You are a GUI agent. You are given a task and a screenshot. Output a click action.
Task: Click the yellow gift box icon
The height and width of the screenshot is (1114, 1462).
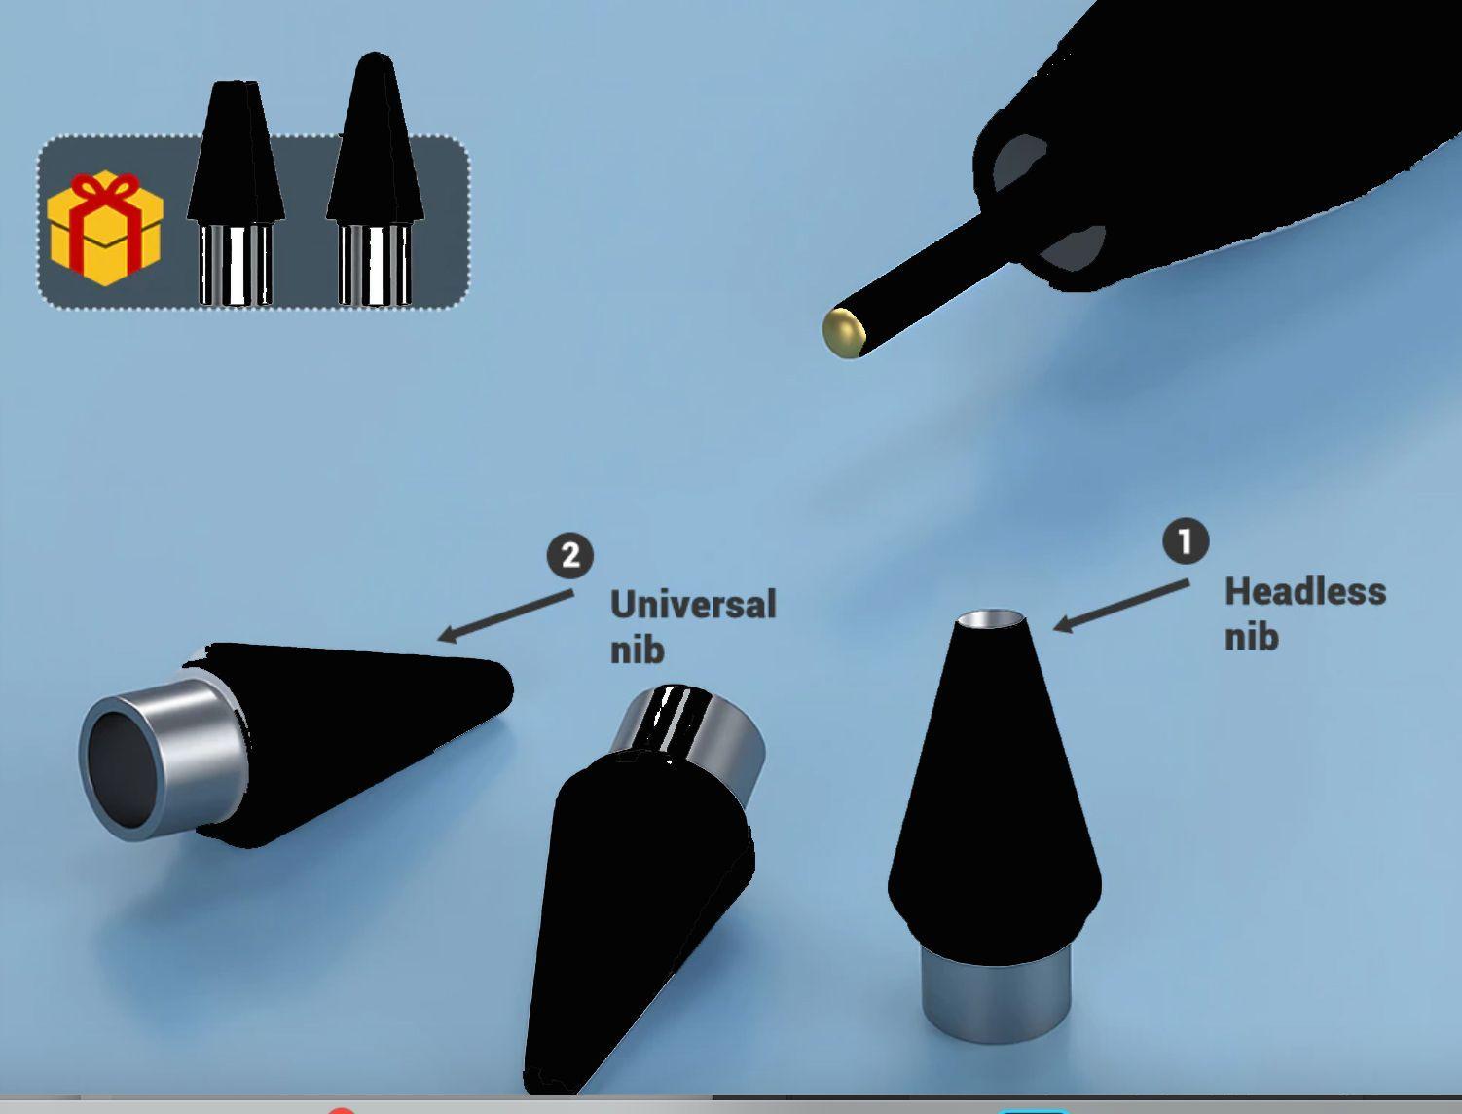tap(105, 230)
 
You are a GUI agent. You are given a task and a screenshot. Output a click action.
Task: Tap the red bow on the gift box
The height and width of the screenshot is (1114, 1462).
tap(104, 193)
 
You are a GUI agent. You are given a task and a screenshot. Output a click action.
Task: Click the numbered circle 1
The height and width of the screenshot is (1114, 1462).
tap(1186, 541)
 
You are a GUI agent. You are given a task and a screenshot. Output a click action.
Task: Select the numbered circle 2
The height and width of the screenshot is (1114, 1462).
tap(570, 555)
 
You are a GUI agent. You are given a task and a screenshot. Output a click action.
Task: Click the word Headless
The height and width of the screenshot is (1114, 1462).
tap(1305, 592)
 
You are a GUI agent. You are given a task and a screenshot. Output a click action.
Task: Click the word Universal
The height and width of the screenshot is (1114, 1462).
tap(693, 605)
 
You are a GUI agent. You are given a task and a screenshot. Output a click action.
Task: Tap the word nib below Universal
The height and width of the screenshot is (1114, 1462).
tap(638, 649)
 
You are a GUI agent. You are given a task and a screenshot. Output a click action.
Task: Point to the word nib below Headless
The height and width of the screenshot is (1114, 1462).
tap(1252, 636)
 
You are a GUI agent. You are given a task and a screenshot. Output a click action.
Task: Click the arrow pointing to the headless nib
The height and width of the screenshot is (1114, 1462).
tap(1121, 606)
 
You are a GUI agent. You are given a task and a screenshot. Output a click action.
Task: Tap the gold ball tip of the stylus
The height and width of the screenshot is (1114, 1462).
tap(842, 333)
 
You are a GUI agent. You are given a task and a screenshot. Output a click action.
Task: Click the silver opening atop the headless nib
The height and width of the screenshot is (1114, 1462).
tap(992, 619)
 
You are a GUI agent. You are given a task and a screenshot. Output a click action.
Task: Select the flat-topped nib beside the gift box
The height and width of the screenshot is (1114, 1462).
tap(236, 193)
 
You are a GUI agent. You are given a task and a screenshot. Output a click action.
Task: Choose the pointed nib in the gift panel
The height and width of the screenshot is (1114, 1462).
tap(375, 180)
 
